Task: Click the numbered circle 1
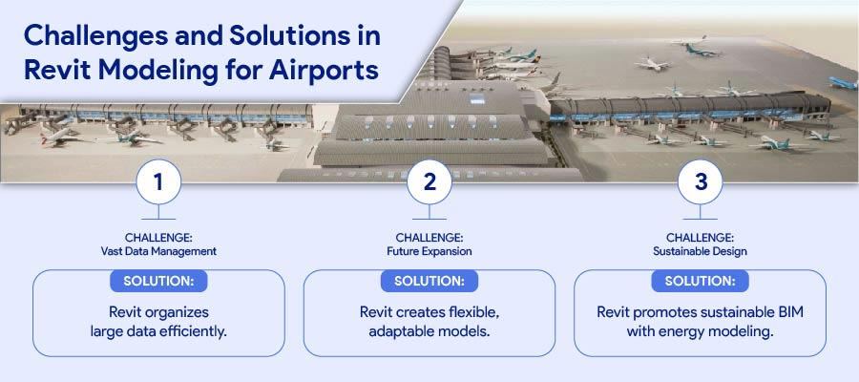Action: tap(158, 182)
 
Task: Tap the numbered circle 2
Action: tap(429, 182)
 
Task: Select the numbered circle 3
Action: tap(701, 182)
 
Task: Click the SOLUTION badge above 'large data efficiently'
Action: tap(158, 281)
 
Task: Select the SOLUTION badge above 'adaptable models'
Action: tap(429, 281)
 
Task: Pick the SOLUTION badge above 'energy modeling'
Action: tap(701, 281)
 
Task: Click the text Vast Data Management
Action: tap(158, 251)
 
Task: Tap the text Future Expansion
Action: tap(429, 251)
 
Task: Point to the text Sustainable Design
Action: tap(701, 251)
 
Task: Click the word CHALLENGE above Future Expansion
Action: tap(429, 238)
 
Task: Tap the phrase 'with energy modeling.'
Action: tap(701, 331)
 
